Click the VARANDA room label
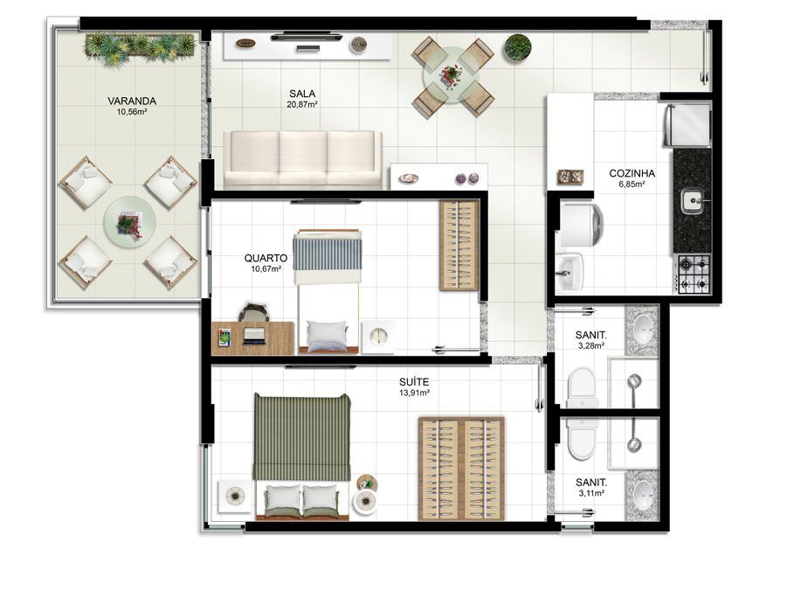pos(132,101)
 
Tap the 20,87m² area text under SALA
pos(302,105)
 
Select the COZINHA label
pos(632,173)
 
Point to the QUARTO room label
pos(266,258)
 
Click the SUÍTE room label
pos(414,382)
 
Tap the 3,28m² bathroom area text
pos(590,345)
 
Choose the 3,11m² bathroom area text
pos(591,493)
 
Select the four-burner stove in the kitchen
pos(694,274)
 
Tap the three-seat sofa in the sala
pos(302,160)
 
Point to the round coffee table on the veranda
pos(130,221)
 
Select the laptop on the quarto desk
pos(254,336)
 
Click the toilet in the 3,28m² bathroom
pos(583,387)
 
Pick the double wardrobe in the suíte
pos(461,469)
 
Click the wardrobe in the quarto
pos(459,246)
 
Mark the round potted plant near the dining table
pos(517,47)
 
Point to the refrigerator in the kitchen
pos(687,124)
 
